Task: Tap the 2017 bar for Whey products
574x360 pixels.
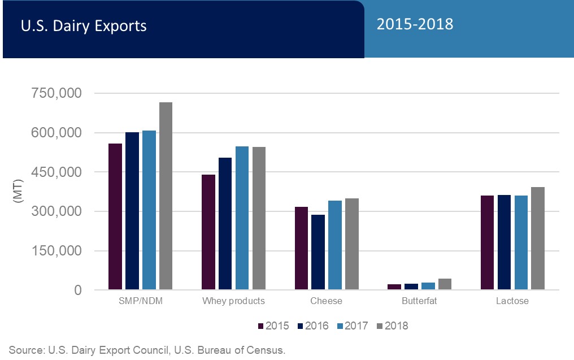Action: (x=242, y=218)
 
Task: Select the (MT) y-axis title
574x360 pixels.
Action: (x=18, y=191)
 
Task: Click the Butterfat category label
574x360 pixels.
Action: (x=419, y=301)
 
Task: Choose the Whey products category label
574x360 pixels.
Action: (x=233, y=301)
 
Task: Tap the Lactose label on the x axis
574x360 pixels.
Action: (x=512, y=301)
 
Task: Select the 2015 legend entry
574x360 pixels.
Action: (x=273, y=326)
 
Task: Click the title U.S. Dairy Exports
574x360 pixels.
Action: (x=84, y=26)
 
